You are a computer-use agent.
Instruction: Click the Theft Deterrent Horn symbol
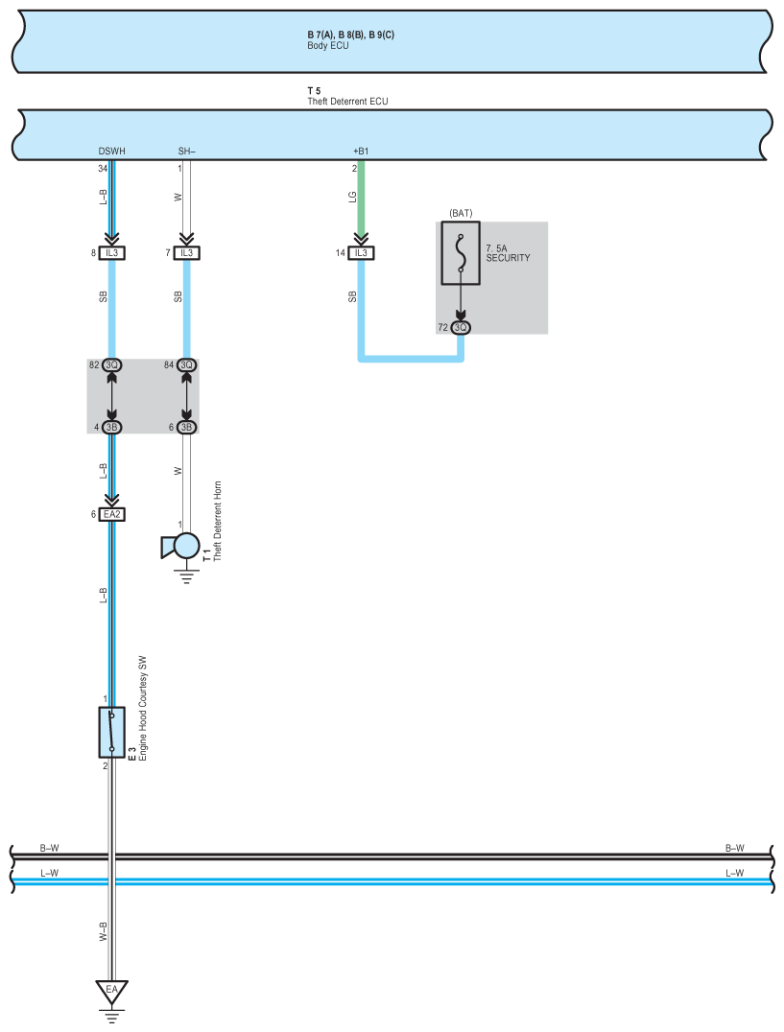pos(183,545)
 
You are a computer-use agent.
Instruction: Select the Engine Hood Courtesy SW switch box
pos(111,732)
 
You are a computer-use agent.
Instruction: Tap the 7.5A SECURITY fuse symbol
pos(461,255)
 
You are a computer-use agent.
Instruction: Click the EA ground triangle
pos(111,990)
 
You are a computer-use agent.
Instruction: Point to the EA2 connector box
pos(112,514)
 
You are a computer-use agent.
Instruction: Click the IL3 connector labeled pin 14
pos(361,253)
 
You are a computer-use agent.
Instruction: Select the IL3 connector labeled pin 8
pos(111,253)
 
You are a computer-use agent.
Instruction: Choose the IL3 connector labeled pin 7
pos(186,253)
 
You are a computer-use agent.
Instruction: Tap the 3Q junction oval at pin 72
pos(461,328)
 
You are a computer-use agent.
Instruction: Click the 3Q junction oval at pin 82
pos(111,365)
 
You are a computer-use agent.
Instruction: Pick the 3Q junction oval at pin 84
pos(186,365)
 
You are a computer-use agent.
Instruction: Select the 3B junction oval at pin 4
pos(111,427)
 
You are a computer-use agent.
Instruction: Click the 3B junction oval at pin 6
pos(186,427)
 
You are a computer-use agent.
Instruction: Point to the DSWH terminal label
pos(111,151)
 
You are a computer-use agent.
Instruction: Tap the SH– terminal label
pos(186,151)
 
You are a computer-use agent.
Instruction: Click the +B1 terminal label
pos(361,151)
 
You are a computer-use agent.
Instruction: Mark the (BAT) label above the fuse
pos(462,213)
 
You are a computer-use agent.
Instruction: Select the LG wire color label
pos(352,197)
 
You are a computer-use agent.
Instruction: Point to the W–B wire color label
pos(104,929)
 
